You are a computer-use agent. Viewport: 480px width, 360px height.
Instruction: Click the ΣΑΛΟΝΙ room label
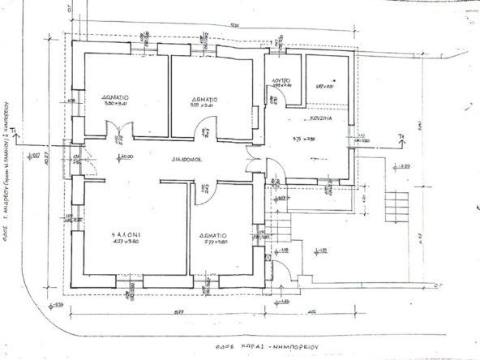(127, 232)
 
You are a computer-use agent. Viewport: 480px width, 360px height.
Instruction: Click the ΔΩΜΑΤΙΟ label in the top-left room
(118, 95)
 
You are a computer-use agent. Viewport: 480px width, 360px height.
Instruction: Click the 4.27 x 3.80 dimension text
(127, 241)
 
